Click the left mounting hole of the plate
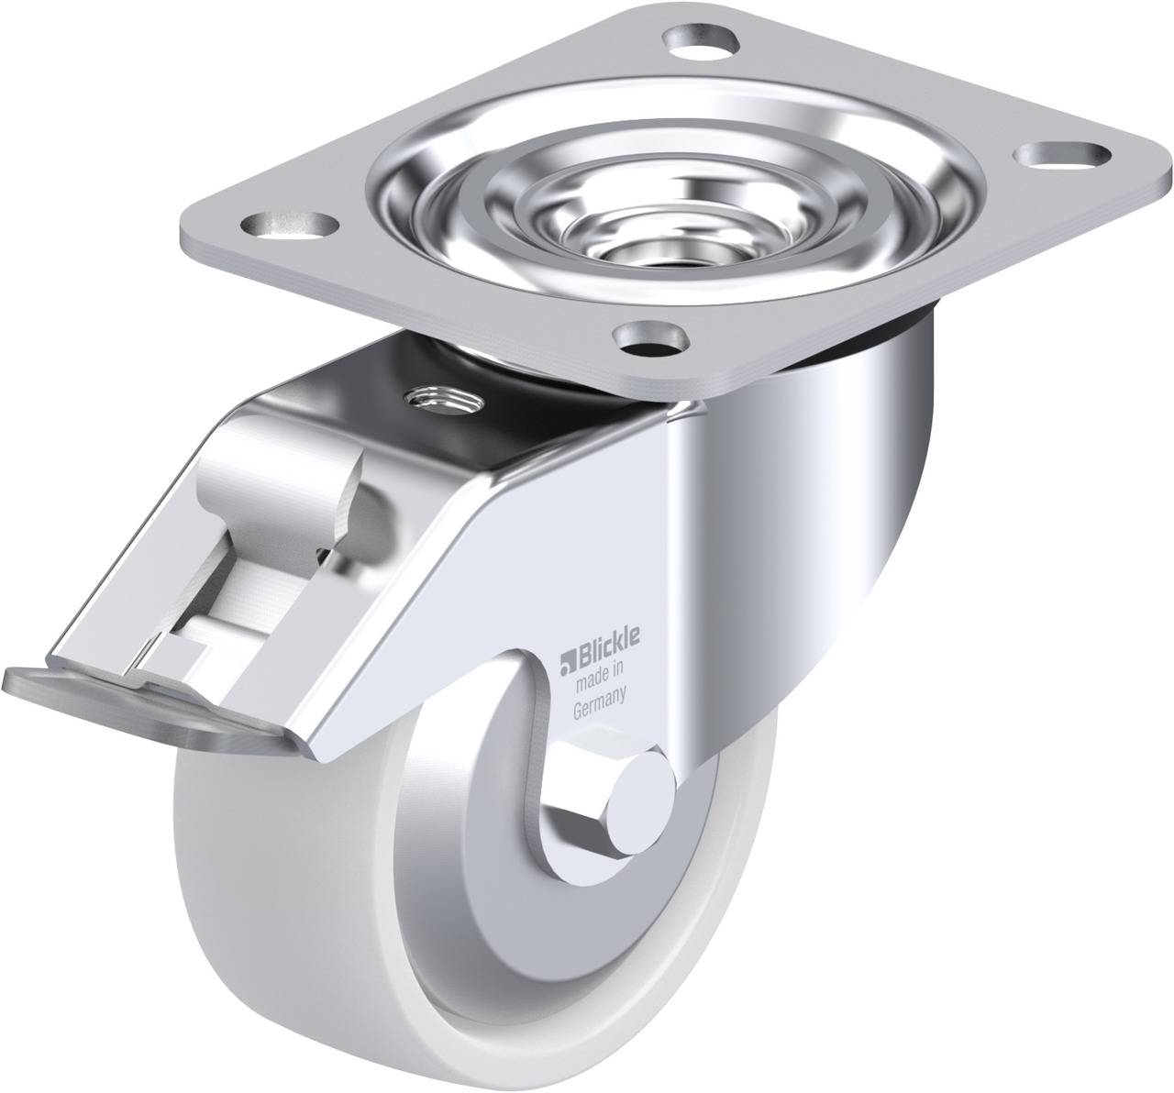pos(291,226)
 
